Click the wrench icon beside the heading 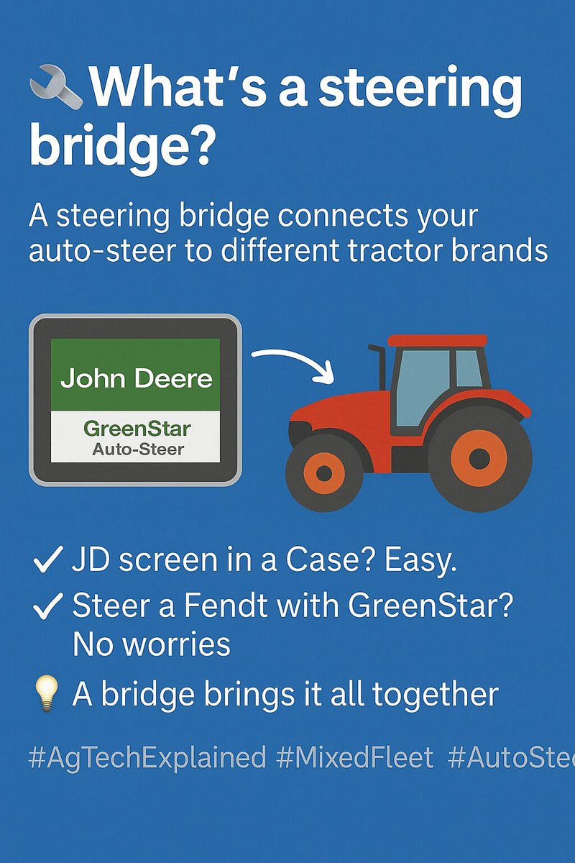click(55, 88)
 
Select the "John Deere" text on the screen click(136, 378)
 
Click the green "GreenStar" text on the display click(137, 429)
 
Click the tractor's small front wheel click(323, 472)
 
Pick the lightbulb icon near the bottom click(46, 694)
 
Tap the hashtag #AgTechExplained click(147, 757)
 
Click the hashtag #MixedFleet click(356, 757)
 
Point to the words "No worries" click(152, 644)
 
